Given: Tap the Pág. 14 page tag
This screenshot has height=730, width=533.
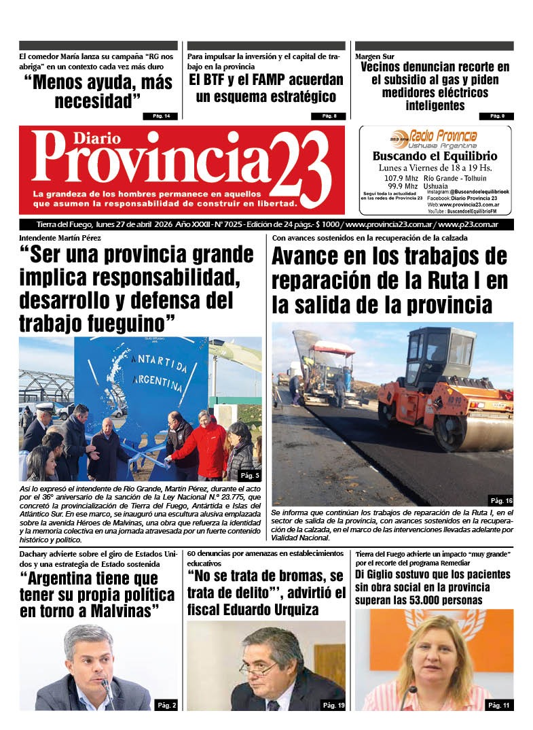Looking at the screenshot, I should (x=161, y=116).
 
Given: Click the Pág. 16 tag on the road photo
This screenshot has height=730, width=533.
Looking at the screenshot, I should (x=500, y=500).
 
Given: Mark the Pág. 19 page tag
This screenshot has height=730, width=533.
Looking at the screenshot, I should (x=333, y=705).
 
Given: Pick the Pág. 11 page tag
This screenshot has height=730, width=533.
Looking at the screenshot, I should (x=498, y=705).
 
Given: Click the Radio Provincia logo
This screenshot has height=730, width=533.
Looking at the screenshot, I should (x=434, y=138).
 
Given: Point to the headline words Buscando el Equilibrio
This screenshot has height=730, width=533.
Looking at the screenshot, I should (x=435, y=156).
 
